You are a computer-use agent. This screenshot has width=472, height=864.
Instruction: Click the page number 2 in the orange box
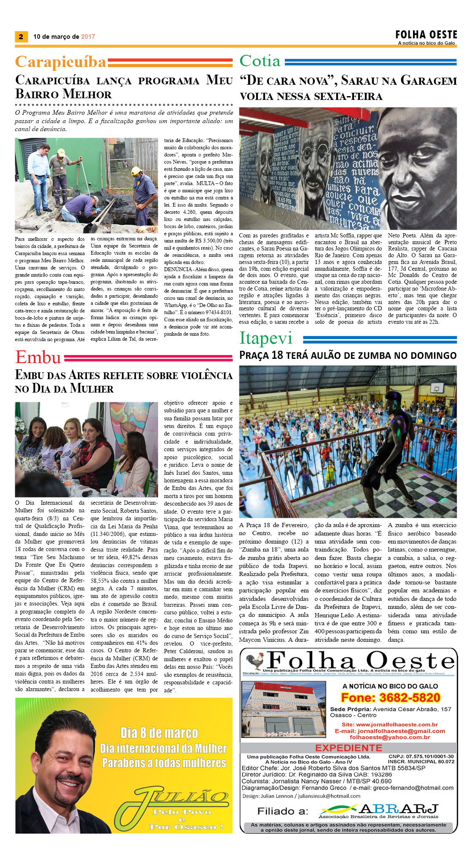(x=21, y=37)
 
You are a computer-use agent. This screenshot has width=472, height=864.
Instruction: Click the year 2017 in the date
(x=88, y=37)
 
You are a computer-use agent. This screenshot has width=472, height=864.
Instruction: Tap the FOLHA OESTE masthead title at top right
(x=426, y=35)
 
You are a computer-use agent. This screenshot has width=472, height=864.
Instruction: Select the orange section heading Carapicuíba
(x=61, y=62)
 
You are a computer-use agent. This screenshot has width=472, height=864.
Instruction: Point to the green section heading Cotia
(x=260, y=61)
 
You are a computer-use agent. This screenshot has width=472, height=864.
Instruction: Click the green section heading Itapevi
(x=265, y=338)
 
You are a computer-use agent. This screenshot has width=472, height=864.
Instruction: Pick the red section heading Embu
(x=38, y=358)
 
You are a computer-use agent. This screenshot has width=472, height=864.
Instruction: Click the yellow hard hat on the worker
(x=136, y=170)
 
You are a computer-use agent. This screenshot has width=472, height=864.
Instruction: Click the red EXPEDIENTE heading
(x=349, y=748)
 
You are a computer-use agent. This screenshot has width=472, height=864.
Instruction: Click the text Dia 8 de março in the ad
(x=159, y=733)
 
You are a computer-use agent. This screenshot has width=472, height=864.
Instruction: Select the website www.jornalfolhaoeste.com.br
(x=397, y=724)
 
